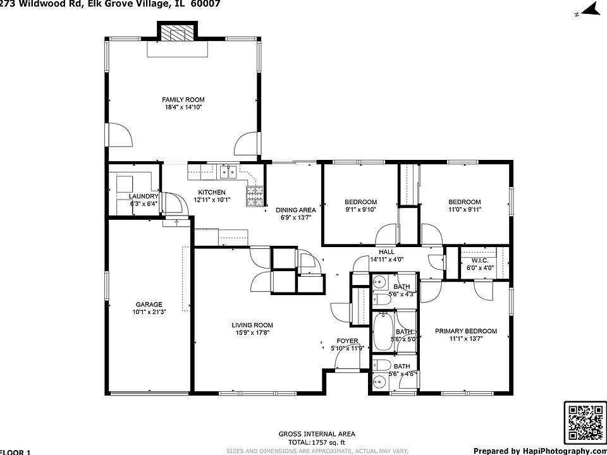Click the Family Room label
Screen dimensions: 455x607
tap(183, 100)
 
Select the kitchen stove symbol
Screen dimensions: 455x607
tap(255, 197)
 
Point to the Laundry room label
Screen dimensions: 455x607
tap(143, 197)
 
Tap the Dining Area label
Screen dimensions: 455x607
tap(295, 210)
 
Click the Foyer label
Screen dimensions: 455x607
tap(347, 341)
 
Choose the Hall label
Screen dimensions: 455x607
tap(386, 252)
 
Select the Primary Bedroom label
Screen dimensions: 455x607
tap(466, 331)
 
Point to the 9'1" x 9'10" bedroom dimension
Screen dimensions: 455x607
tap(360, 210)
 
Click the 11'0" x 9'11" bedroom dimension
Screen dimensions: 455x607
tap(465, 210)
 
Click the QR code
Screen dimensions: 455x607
tap(585, 422)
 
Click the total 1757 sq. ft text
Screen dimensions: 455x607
tap(317, 442)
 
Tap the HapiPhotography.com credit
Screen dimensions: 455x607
tap(539, 451)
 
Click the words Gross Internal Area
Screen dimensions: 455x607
tap(317, 434)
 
